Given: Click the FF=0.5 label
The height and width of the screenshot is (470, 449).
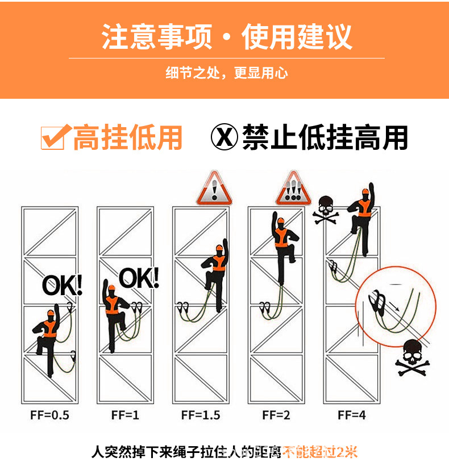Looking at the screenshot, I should click(x=49, y=415).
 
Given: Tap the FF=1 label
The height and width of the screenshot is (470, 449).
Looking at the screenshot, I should click(x=125, y=415).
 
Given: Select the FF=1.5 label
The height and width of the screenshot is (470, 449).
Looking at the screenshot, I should click(x=201, y=415).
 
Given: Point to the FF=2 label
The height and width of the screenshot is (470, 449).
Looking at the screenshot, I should click(x=276, y=415).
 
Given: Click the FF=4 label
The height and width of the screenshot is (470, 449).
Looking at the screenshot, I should click(x=352, y=415).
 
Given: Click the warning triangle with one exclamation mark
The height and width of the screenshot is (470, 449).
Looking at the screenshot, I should click(x=214, y=190).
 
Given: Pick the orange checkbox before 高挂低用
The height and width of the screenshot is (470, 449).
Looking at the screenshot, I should click(x=54, y=137).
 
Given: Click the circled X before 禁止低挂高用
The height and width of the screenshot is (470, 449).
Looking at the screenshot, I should click(x=223, y=137).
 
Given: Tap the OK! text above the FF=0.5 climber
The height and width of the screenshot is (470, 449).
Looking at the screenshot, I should click(x=63, y=284).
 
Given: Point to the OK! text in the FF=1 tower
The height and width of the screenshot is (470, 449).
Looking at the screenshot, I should click(x=139, y=278).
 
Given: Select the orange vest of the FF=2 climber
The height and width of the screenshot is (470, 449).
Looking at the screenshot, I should click(x=281, y=238).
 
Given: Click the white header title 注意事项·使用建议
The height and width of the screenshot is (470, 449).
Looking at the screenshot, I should click(x=226, y=36).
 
